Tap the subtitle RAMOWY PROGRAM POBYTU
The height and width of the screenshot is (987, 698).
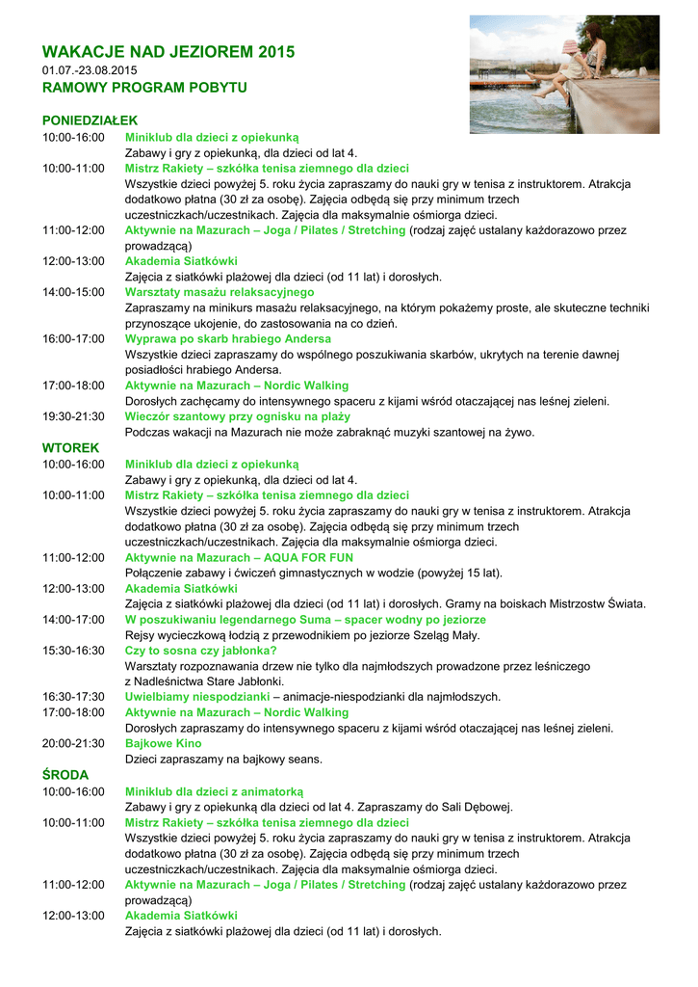(144, 88)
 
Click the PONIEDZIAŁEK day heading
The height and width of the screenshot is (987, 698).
(90, 120)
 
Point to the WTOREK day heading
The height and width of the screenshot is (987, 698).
(70, 448)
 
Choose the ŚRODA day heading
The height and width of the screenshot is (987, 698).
(65, 774)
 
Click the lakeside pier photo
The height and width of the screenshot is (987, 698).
(564, 74)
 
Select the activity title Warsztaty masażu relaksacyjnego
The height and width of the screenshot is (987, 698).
(220, 292)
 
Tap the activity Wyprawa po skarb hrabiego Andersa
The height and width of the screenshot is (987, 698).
(228, 339)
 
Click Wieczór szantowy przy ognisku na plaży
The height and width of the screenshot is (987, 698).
(238, 416)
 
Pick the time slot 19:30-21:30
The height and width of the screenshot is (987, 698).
(73, 416)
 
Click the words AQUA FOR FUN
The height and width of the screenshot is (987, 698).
(307, 557)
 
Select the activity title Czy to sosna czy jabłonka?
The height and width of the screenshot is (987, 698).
(201, 651)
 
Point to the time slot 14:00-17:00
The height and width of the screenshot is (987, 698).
(73, 619)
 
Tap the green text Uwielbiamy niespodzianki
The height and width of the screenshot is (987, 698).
(196, 696)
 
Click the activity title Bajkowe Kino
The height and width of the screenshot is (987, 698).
(164, 743)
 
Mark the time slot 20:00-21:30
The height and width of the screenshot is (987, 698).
(73, 743)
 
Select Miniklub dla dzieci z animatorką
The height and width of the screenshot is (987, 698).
(214, 790)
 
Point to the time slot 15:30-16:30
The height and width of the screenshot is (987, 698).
(73, 651)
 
